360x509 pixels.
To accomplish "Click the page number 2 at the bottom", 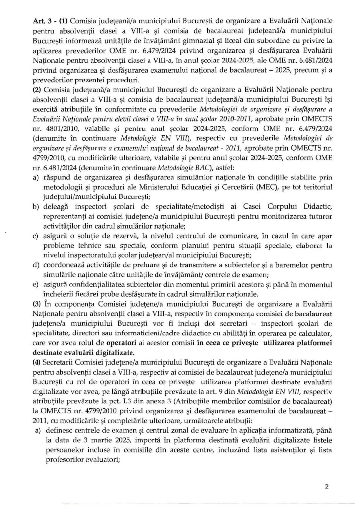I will [x=326, y=486].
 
